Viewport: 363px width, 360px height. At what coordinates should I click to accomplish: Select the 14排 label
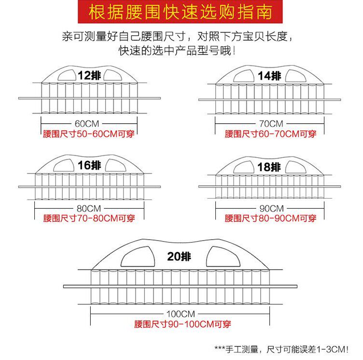tap(269, 76)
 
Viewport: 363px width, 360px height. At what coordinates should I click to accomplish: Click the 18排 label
tap(269, 167)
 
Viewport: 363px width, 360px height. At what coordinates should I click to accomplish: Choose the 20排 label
tap(180, 257)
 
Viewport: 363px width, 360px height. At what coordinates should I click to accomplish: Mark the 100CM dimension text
tap(180, 313)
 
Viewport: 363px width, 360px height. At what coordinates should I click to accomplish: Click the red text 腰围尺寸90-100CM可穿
tap(182, 324)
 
